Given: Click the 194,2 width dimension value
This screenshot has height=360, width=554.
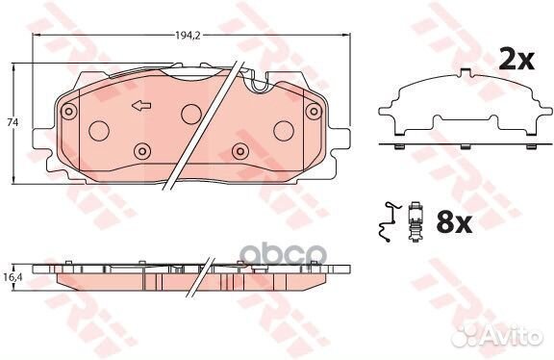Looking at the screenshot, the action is (188, 36).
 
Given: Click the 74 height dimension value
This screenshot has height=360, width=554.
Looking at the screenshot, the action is (13, 122).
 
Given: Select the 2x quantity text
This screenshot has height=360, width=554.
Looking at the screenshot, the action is (516, 60).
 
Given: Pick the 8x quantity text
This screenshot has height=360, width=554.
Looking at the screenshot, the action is (454, 221).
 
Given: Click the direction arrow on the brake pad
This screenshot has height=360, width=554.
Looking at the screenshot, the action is (141, 105).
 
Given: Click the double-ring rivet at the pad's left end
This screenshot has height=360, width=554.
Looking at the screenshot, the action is (69, 111).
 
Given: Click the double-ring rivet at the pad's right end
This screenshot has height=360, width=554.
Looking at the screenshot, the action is (314, 111).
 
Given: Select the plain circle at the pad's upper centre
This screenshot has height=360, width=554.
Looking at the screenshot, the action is (191, 114).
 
